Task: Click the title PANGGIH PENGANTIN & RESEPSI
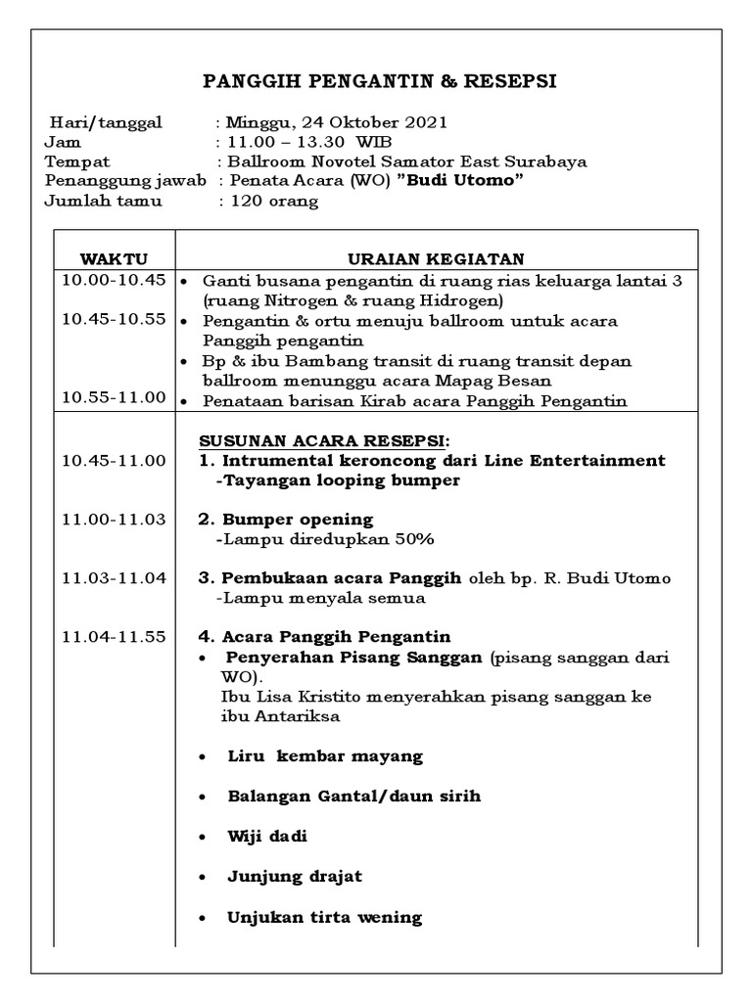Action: pyautogui.click(x=379, y=81)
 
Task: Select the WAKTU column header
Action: pyautogui.click(x=114, y=258)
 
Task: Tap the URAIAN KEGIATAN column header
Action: pyautogui.click(x=437, y=258)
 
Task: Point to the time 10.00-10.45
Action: pyautogui.click(x=114, y=281)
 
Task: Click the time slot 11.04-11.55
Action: pyautogui.click(x=114, y=637)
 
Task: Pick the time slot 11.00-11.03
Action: pyautogui.click(x=114, y=519)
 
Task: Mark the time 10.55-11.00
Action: pyautogui.click(x=114, y=398)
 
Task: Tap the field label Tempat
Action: pyautogui.click(x=77, y=161)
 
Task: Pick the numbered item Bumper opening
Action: pyautogui.click(x=297, y=519)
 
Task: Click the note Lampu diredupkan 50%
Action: pyautogui.click(x=326, y=539)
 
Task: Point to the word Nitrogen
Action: pyautogui.click(x=291, y=300)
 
